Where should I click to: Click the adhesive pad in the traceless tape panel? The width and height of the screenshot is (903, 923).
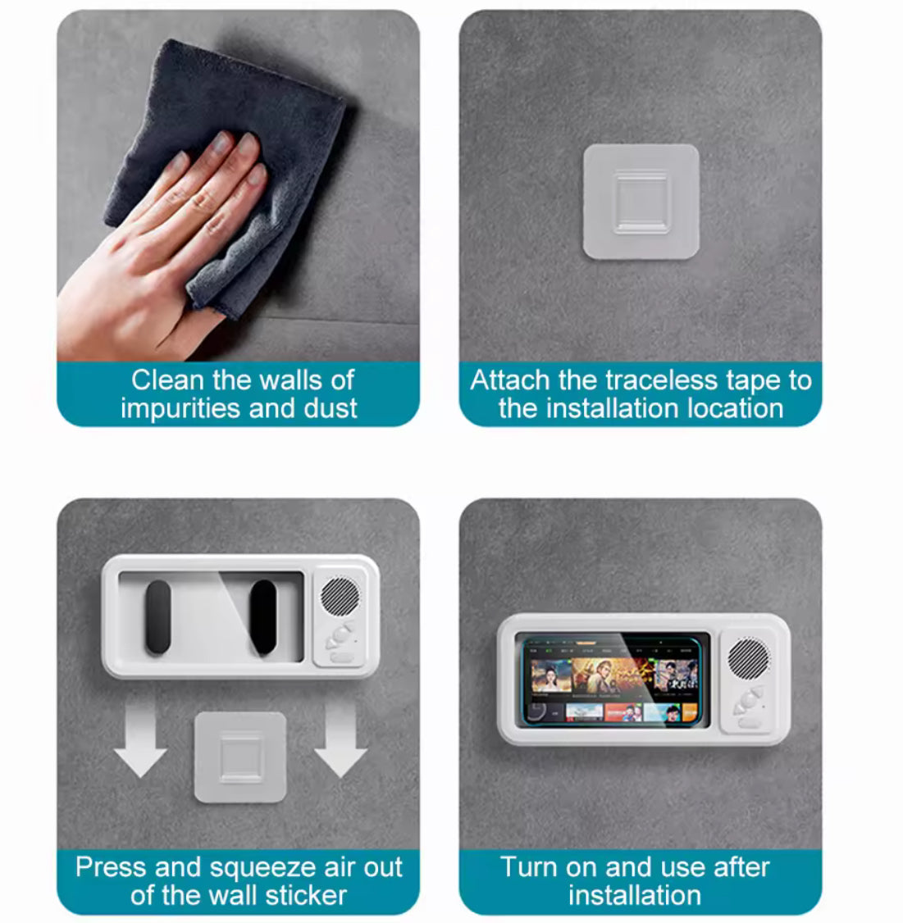(641, 202)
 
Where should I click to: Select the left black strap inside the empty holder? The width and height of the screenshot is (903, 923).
(158, 616)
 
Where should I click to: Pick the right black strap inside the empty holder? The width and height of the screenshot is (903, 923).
(263, 617)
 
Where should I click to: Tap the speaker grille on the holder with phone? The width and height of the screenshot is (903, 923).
(748, 657)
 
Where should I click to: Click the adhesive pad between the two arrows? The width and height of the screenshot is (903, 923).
(240, 757)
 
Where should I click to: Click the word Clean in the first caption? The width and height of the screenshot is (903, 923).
(168, 380)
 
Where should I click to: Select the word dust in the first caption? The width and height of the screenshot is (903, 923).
(331, 408)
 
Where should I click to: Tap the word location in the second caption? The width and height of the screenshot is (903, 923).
(736, 408)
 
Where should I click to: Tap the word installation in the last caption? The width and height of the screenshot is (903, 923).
(635, 895)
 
